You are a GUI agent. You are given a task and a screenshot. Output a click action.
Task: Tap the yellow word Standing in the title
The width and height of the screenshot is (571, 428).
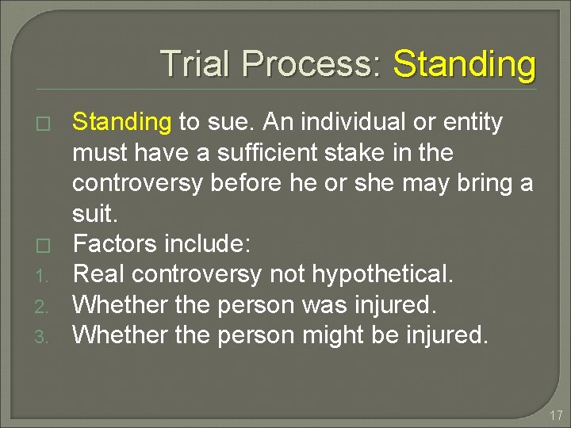[x=465, y=63]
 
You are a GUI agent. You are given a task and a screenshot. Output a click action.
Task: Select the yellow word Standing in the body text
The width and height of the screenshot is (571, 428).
[x=122, y=122]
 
